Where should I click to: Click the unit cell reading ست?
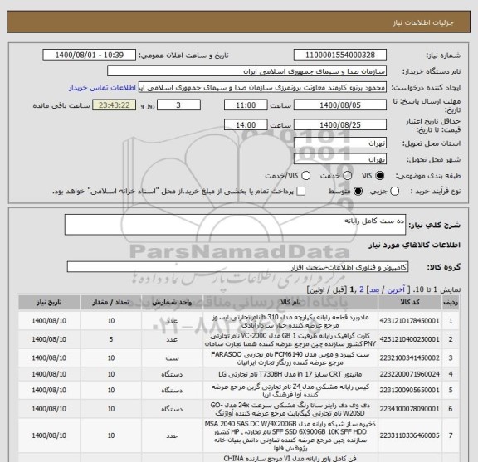168,357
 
